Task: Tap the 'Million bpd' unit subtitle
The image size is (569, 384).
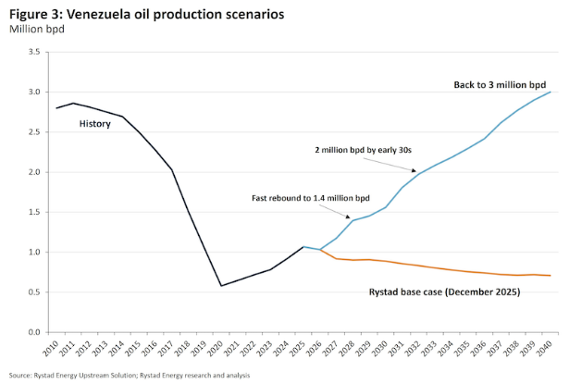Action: point(34,30)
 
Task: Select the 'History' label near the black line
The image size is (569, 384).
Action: point(95,123)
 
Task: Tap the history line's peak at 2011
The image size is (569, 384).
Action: point(74,104)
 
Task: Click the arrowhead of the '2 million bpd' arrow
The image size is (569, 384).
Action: point(414,169)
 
